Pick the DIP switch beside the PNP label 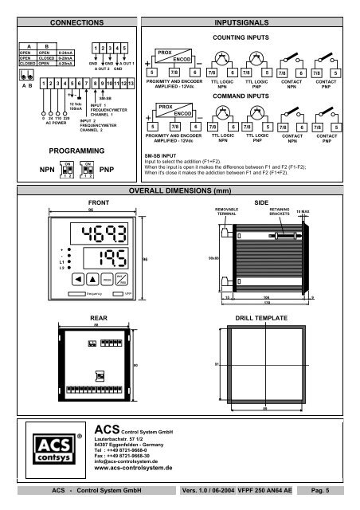[89, 169]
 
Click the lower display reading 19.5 [106, 260]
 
